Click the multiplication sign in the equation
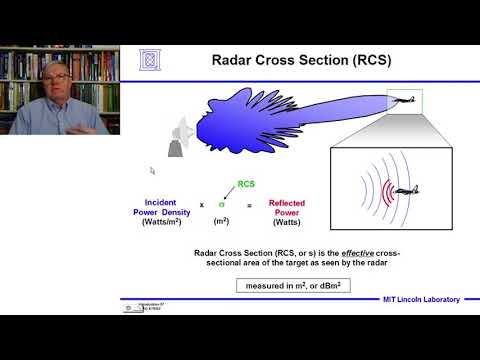click(x=201, y=204)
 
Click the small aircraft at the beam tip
click(x=404, y=98)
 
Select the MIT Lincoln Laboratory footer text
click(x=420, y=300)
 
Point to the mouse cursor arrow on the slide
click(x=152, y=171)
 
